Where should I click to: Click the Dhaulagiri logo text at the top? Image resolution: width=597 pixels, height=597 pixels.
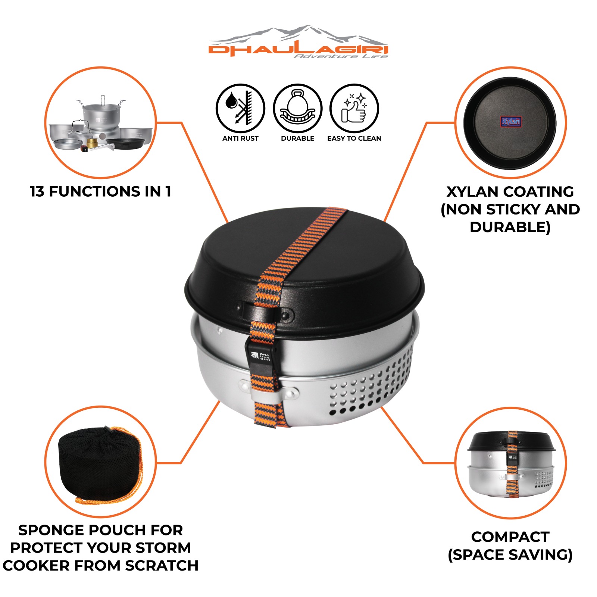coord(298,49)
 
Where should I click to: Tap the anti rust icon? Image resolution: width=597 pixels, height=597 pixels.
coord(240,108)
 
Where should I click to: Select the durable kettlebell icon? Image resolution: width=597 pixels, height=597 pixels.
coord(297,108)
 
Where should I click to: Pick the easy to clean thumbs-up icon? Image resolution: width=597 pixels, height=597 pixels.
coord(354,108)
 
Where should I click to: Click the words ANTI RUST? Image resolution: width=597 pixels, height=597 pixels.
coord(240,138)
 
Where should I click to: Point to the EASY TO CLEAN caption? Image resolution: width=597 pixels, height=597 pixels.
coord(354,138)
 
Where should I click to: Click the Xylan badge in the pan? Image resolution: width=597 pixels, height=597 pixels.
coord(510,122)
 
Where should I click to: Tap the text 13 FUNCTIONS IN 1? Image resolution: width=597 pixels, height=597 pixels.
coord(100,191)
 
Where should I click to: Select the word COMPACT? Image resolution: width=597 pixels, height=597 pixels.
coord(510,537)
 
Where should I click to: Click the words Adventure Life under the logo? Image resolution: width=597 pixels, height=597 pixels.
coord(341,56)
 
